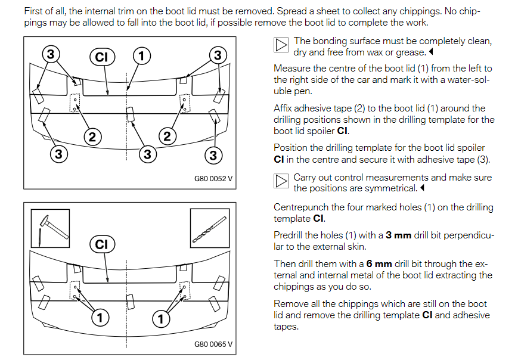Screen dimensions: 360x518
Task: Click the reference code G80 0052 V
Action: point(213,178)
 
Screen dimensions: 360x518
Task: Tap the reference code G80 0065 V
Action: point(213,344)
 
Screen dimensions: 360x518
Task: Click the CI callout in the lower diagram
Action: point(101,244)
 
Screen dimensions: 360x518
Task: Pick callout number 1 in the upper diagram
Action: point(141,56)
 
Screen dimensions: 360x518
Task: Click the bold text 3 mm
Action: point(398,235)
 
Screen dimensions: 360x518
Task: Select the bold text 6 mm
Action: point(379,263)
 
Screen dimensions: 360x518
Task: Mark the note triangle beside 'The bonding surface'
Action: point(281,45)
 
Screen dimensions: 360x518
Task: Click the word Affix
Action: point(284,108)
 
